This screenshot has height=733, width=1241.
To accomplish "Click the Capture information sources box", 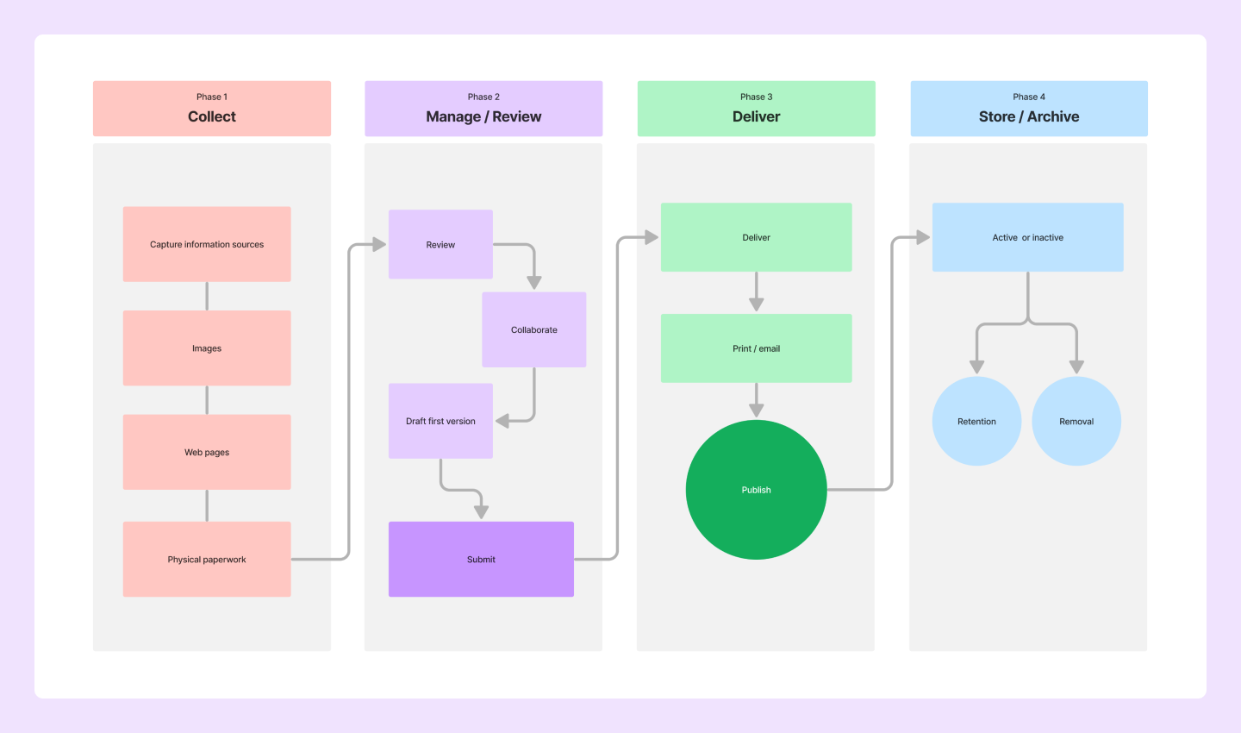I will [207, 244].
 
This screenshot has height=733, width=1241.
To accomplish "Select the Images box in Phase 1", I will [207, 348].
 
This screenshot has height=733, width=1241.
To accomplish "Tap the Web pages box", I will [207, 452].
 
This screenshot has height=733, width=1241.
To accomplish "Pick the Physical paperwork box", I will [207, 559].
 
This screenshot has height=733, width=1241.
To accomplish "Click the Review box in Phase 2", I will [440, 245].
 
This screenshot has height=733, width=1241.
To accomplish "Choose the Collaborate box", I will [534, 329].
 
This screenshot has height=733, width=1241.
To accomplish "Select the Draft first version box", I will [440, 421].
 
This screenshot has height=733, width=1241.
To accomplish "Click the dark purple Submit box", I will [481, 559].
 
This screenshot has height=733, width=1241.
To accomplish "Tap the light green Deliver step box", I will [756, 237].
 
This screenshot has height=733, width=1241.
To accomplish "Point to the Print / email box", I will [756, 348].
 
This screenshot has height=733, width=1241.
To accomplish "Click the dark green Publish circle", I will [756, 490].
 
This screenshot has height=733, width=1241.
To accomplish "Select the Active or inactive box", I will [1027, 237].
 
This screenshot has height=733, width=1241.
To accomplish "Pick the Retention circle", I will [976, 421].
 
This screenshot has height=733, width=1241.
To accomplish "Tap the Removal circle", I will [1076, 421].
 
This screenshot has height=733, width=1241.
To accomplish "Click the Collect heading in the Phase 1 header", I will [212, 116].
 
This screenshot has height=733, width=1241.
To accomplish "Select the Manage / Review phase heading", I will [483, 116].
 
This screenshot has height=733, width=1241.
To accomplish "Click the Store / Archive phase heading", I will [1029, 116].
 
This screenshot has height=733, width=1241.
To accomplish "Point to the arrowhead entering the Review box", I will [379, 245].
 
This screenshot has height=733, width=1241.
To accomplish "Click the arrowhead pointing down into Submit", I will [481, 511].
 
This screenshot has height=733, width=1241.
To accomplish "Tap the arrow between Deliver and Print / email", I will [756, 293].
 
